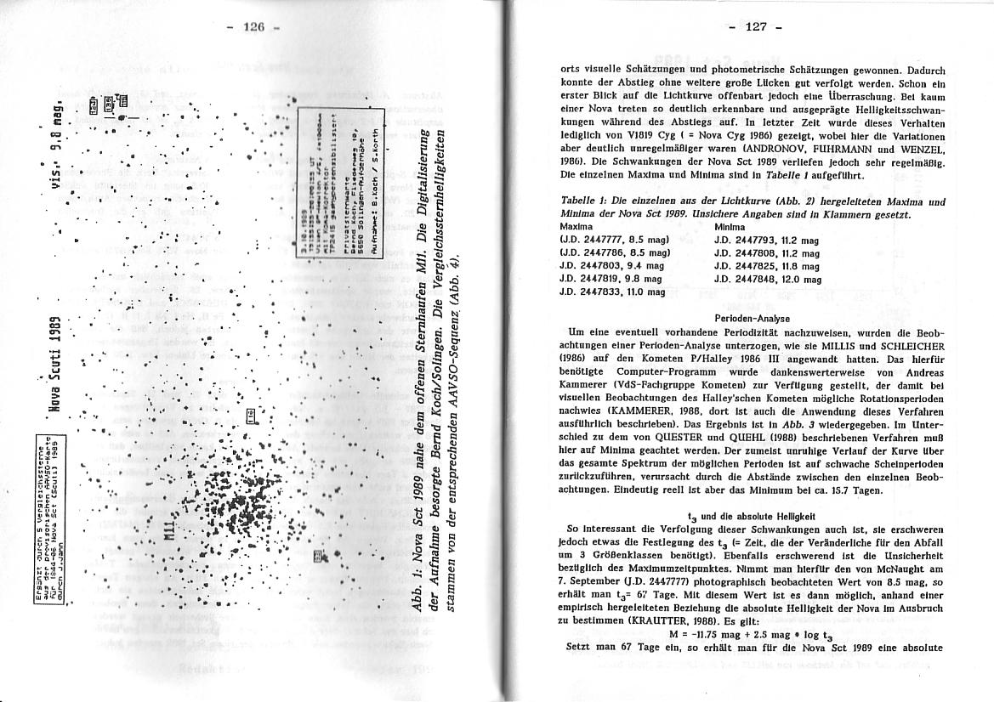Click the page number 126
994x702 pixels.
click(254, 26)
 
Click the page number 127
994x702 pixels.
click(755, 26)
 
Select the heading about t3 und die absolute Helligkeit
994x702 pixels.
click(751, 515)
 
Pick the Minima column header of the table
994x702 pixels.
click(730, 228)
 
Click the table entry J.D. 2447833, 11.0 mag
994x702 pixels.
click(611, 292)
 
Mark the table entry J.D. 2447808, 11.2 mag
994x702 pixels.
click(766, 253)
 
